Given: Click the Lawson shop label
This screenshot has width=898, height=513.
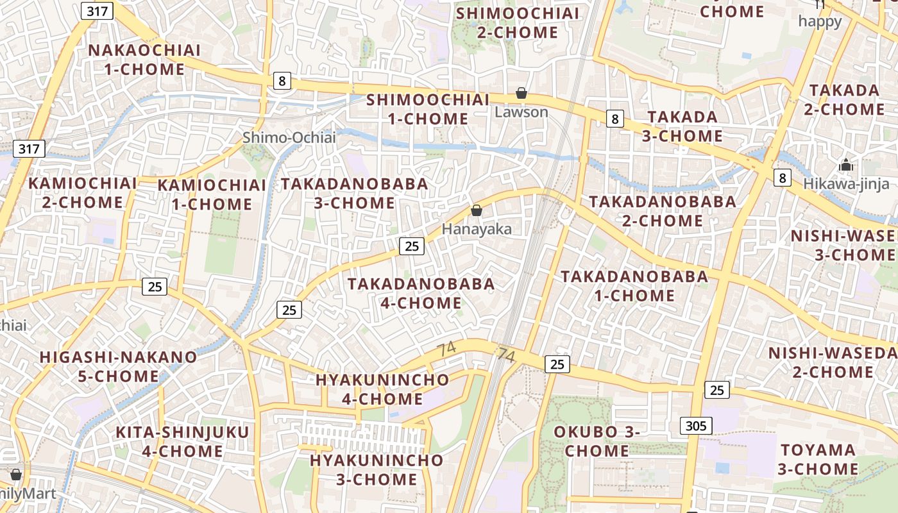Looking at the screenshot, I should [521, 112].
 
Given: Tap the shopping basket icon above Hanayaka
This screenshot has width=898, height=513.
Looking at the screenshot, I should [476, 210].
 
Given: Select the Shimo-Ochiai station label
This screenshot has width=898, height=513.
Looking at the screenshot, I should [289, 137].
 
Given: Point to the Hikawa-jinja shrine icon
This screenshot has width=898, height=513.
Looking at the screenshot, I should [846, 165].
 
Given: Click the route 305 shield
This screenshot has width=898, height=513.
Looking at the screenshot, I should [695, 425].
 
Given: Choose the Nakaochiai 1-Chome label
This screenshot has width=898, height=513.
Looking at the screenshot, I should [144, 60].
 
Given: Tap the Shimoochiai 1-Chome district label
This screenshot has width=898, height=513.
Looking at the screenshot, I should [428, 109].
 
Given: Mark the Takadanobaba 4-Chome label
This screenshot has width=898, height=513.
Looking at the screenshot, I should [421, 293].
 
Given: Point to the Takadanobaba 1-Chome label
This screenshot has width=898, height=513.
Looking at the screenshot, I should [634, 286].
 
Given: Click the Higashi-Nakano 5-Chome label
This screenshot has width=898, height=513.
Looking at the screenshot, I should [119, 366].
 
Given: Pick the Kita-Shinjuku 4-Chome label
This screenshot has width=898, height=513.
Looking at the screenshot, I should [182, 441].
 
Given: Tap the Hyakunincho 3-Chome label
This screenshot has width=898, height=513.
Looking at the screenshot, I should [377, 469].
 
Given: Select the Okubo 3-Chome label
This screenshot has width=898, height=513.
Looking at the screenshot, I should [597, 441].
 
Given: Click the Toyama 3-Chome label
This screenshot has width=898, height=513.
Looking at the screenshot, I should [818, 459].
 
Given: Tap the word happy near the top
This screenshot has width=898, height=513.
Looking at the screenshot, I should [820, 21].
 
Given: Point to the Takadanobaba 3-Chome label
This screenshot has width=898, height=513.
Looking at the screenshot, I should [355, 193].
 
